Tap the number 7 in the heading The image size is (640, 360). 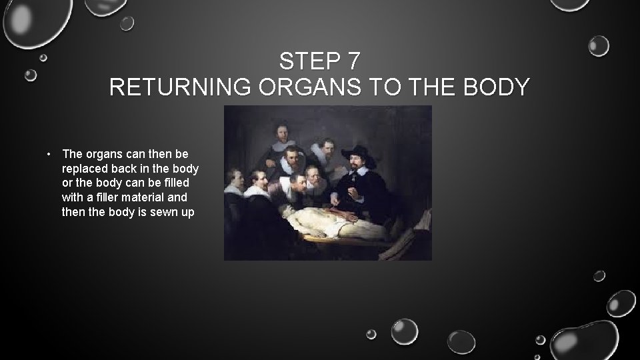point(353,61)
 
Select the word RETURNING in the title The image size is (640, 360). point(181,87)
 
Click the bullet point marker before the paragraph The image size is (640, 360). point(50,154)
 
